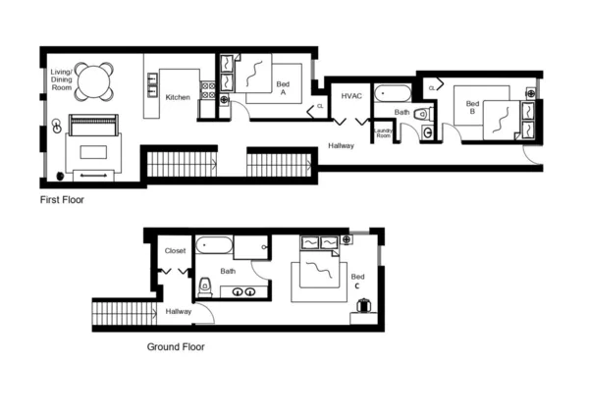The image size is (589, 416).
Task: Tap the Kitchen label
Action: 178,97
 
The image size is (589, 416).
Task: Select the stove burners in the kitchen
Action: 208,90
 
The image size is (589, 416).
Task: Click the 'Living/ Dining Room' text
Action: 63,80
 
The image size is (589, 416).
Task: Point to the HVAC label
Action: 352,96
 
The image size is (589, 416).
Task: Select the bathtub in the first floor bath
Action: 397,96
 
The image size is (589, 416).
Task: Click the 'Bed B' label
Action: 472,107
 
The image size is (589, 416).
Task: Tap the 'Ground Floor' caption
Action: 176,346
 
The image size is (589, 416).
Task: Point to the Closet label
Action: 175,251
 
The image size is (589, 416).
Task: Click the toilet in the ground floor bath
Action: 205,287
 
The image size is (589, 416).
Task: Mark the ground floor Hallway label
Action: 179,311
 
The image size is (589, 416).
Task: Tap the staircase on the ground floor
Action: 125,314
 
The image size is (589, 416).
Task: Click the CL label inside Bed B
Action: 432,88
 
